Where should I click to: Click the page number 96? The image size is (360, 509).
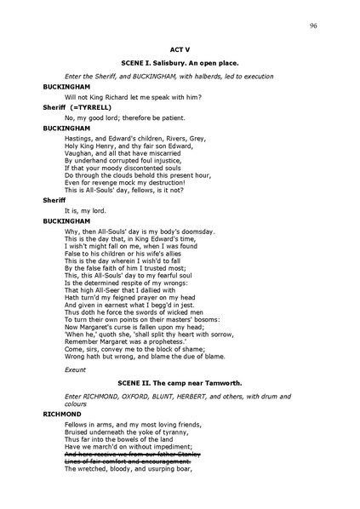click(313, 26)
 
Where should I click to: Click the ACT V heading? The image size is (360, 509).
click(180, 51)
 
